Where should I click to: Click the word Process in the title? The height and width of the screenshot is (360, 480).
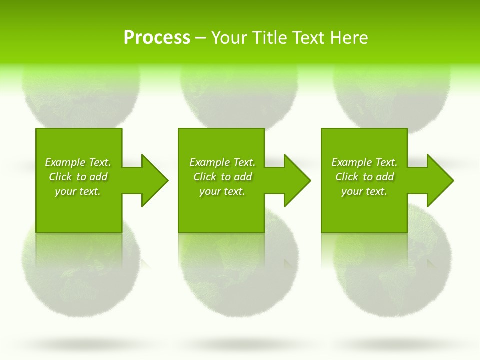click(157, 38)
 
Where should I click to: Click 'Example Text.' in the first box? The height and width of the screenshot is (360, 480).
click(78, 162)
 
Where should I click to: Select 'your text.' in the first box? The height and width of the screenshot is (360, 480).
click(78, 191)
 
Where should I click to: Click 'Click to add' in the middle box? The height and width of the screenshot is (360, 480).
click(222, 177)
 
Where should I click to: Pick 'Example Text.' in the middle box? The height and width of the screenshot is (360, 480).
click(222, 162)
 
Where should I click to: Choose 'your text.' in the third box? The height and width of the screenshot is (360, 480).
click(364, 191)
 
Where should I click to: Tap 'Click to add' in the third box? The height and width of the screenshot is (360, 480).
click(364, 177)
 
